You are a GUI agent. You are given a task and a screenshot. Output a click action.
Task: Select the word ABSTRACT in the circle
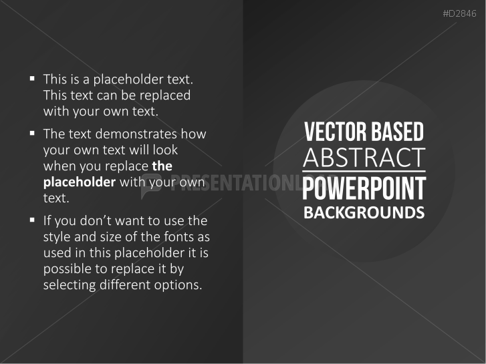click(x=364, y=158)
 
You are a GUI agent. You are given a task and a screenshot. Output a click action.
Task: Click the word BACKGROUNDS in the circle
click(x=364, y=213)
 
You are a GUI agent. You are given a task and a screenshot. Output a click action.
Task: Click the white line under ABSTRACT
click(x=364, y=172)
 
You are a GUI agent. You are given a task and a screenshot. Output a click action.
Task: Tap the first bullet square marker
click(x=32, y=79)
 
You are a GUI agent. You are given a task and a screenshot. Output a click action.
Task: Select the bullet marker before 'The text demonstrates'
click(x=32, y=134)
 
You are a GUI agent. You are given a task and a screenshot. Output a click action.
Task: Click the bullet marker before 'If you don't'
click(x=32, y=220)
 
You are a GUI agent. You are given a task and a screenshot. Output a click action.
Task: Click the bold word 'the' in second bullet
click(x=162, y=165)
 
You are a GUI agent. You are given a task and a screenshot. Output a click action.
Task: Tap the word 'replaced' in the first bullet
click(x=164, y=95)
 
